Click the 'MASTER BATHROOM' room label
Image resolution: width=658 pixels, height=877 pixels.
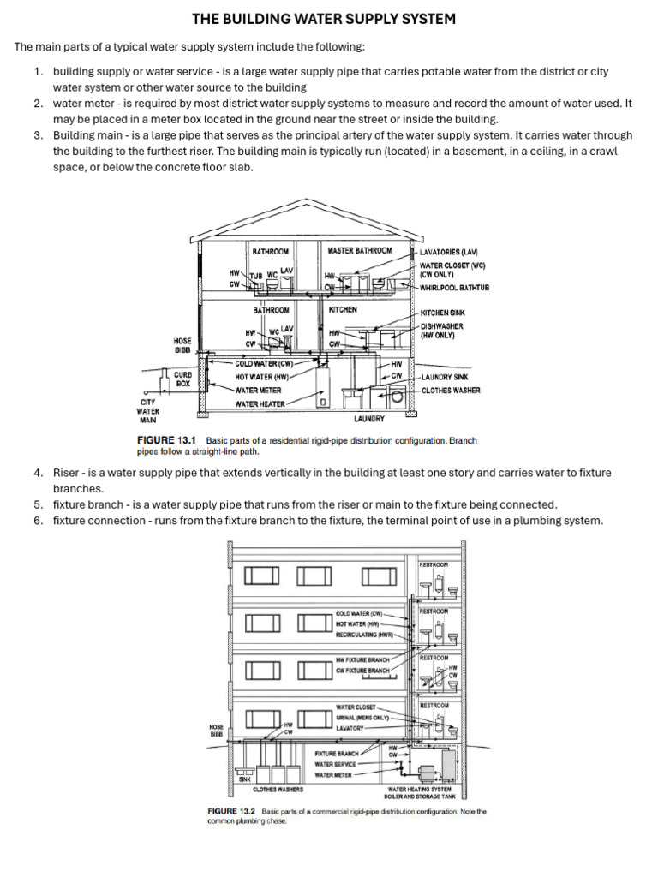(x=359, y=251)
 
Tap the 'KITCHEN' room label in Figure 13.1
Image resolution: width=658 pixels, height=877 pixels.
(x=343, y=310)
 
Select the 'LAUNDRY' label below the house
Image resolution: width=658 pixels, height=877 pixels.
(x=368, y=420)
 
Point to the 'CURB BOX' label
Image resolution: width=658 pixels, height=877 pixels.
(x=183, y=379)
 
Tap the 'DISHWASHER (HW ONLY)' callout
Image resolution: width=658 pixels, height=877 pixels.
(x=442, y=331)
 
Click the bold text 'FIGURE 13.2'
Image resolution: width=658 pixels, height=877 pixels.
(x=233, y=810)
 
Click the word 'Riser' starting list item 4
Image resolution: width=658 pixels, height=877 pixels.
(x=68, y=473)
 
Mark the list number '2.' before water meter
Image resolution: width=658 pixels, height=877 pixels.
(x=39, y=104)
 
